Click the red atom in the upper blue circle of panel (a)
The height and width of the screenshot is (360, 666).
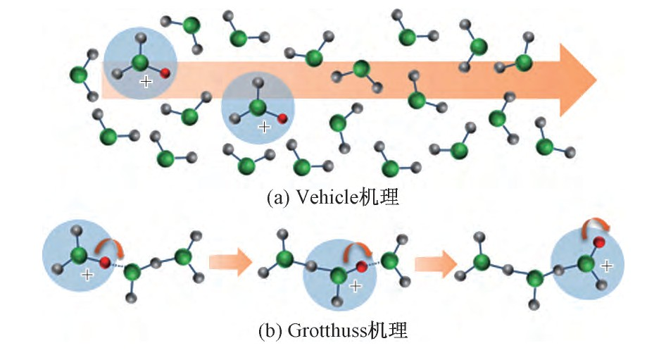[x=165, y=73]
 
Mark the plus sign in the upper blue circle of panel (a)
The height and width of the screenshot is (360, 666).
[x=146, y=82]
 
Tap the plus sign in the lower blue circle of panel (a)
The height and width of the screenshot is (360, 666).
[x=264, y=128]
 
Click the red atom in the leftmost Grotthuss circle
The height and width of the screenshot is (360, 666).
[x=104, y=263]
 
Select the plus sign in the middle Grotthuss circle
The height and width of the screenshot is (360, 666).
[x=356, y=285]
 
